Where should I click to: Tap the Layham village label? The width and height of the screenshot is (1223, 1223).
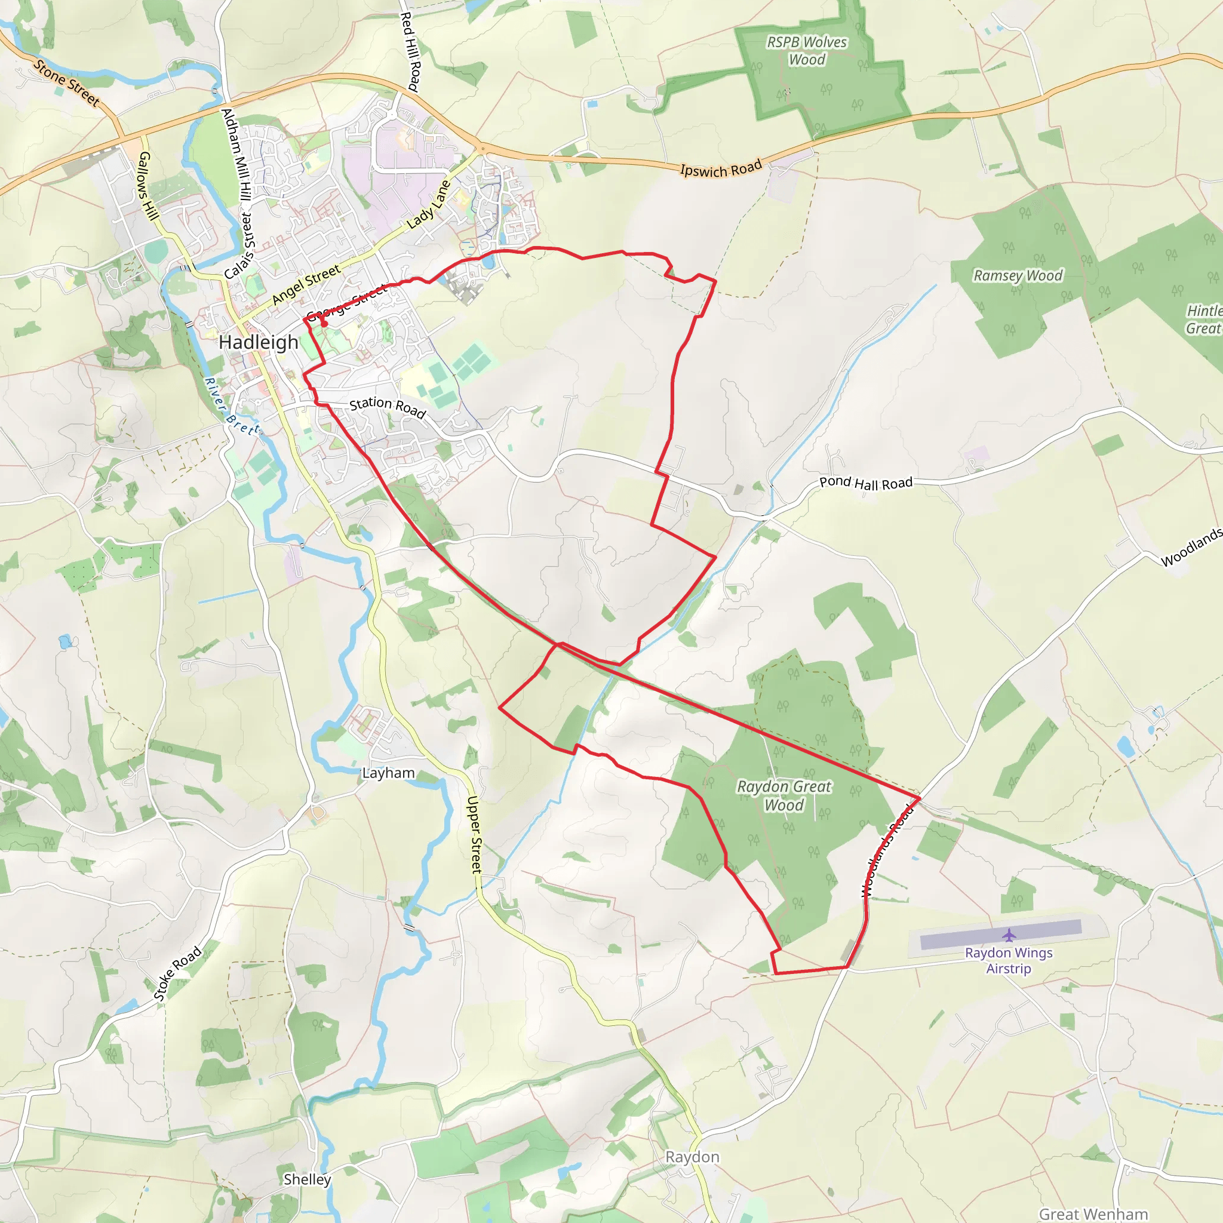pyautogui.click(x=389, y=773)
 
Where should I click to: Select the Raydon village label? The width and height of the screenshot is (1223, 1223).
pyautogui.click(x=692, y=1157)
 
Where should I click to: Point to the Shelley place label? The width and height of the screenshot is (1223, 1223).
pyautogui.click(x=307, y=1179)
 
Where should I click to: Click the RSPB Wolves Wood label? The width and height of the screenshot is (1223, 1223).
pyautogui.click(x=806, y=51)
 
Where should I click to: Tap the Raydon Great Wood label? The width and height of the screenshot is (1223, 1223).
pyautogui.click(x=784, y=795)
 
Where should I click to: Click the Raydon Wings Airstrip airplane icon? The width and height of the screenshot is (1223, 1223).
pyautogui.click(x=1009, y=935)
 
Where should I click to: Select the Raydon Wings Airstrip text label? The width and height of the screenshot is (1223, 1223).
pyautogui.click(x=1009, y=960)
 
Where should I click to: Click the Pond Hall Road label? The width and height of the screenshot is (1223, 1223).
pyautogui.click(x=866, y=483)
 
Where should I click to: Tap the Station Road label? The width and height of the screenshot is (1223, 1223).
pyautogui.click(x=388, y=407)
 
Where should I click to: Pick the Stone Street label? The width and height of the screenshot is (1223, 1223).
pyautogui.click(x=66, y=83)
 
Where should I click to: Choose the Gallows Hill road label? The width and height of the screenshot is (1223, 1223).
pyautogui.click(x=149, y=186)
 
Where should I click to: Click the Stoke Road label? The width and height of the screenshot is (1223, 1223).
pyautogui.click(x=178, y=973)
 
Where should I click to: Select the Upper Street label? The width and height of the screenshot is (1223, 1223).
pyautogui.click(x=475, y=835)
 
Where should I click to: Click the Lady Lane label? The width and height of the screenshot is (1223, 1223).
pyautogui.click(x=429, y=204)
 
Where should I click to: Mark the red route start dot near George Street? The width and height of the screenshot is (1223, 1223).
pyautogui.click(x=324, y=324)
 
